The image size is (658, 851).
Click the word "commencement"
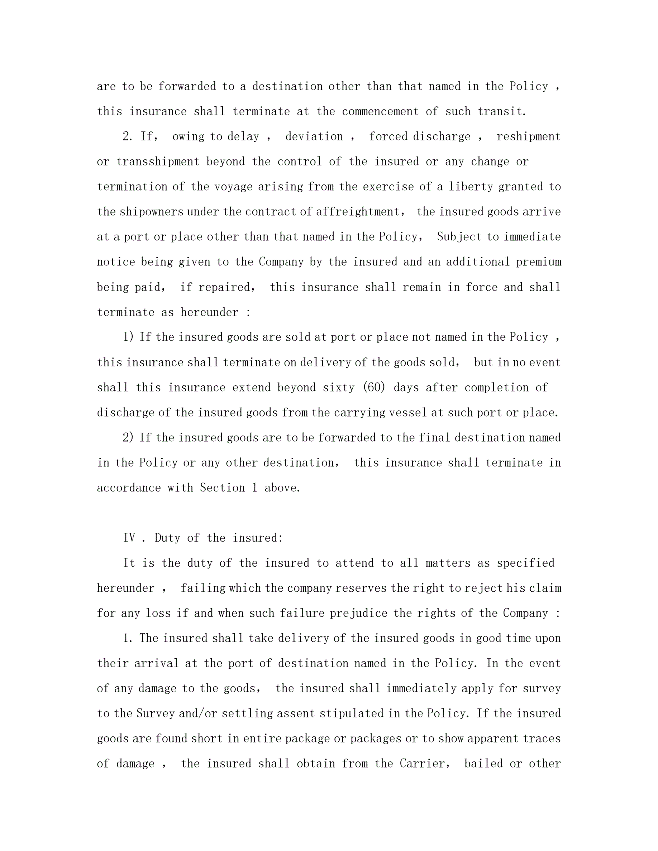tap(380, 111)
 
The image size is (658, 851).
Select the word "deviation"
tap(314, 136)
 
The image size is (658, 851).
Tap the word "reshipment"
tap(528, 136)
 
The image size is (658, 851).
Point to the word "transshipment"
tap(158, 162)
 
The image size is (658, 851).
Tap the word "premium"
tap(539, 262)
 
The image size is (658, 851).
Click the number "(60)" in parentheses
tap(374, 387)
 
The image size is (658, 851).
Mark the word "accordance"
tap(129, 488)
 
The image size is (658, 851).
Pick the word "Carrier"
tap(423, 764)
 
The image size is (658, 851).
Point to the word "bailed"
tap(483, 764)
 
